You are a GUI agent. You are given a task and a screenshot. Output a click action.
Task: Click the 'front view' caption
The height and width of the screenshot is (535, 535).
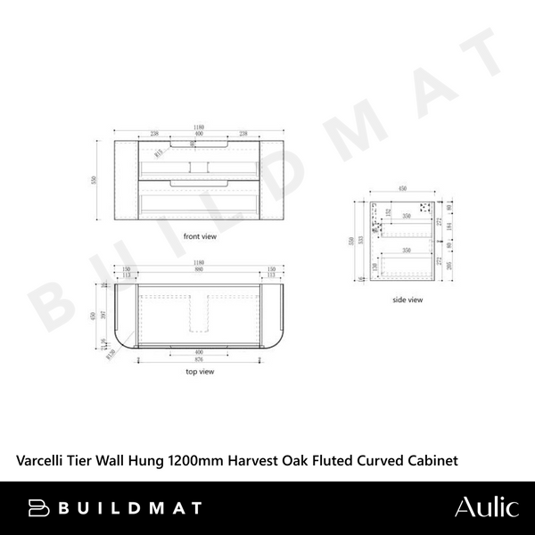pos(200,237)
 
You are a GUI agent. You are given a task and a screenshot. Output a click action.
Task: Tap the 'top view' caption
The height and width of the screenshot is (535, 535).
pos(198,370)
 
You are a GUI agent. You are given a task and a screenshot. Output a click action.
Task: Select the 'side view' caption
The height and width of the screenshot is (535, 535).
pos(407,300)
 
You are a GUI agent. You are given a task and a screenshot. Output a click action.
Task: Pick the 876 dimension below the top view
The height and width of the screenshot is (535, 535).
pos(199,359)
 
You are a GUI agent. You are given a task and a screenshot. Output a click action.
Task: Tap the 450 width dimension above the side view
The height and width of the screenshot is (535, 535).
pos(402,189)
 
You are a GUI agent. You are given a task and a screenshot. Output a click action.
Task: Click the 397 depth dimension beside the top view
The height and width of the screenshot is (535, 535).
pos(104,317)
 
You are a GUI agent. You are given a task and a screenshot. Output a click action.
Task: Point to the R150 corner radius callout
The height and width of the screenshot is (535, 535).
pos(111,352)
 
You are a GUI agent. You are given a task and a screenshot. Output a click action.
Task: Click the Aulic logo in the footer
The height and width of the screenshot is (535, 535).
pos(485,507)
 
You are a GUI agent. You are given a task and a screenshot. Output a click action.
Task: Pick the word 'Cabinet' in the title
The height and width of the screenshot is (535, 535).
pos(432,461)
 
